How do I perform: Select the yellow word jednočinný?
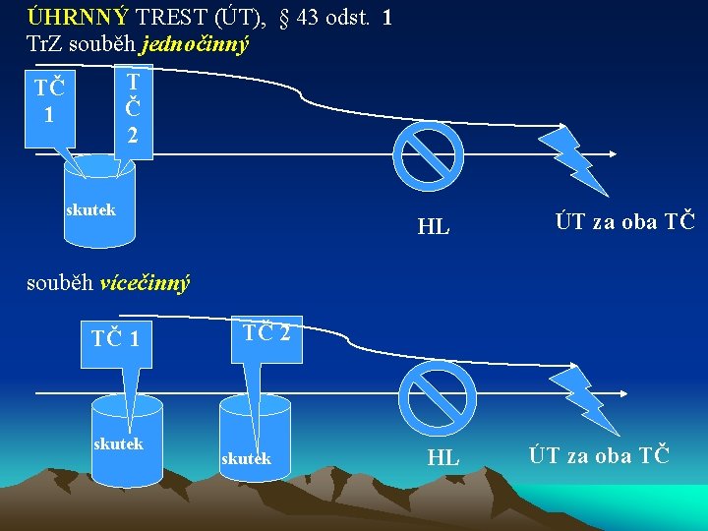point(195,43)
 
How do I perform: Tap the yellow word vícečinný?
point(145,283)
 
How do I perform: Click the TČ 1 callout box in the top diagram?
point(49,101)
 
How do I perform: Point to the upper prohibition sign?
point(429,153)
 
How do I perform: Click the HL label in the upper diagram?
point(434,226)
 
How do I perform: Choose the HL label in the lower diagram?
point(442,457)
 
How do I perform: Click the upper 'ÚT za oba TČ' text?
point(624,221)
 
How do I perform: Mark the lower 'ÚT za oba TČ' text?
point(599,454)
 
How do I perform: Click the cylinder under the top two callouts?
point(99,202)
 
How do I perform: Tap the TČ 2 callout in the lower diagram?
point(265,332)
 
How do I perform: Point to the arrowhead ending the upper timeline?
point(611,153)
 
